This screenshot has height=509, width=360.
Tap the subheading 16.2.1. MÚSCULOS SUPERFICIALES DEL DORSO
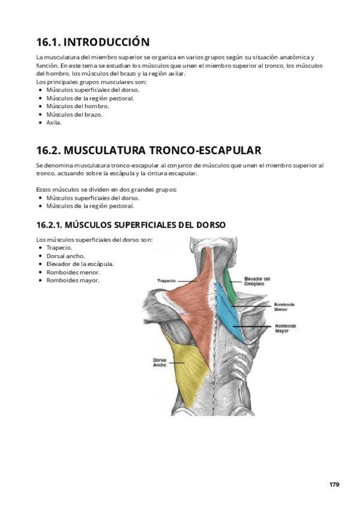pos(131,225)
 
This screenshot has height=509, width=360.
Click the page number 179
pos(334,484)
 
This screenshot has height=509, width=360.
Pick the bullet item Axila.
pos(54,122)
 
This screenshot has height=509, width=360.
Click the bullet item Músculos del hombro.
pos(77,106)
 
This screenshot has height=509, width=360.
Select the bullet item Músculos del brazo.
pos(74,114)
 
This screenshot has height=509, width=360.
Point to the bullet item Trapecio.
pos(59,247)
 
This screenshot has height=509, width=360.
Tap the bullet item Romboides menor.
pos(73,272)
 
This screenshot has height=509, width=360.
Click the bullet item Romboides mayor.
pos(73,280)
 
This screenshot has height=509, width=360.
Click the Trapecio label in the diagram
pos(166,280)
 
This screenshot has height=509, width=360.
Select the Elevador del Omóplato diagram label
pos(258,281)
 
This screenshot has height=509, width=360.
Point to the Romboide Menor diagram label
pos(285,307)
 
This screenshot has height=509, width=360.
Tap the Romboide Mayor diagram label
pos(286,328)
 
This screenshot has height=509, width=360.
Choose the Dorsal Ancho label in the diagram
pos(160,362)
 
